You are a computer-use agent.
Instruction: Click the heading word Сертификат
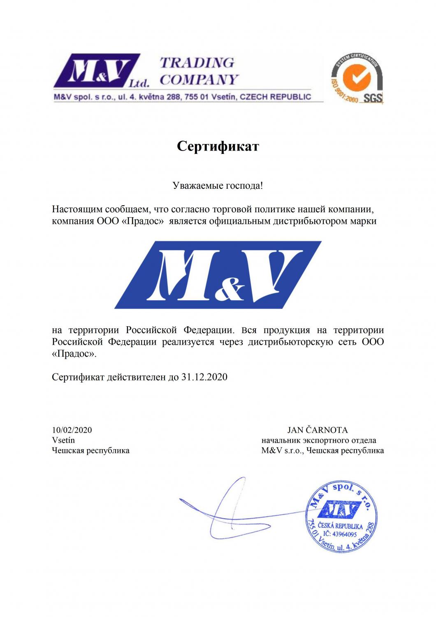pos(218,146)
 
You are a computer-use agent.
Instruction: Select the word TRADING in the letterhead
pos(197,63)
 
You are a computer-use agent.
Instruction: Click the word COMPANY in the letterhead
pos(199,79)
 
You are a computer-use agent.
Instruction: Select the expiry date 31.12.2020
pos(204,377)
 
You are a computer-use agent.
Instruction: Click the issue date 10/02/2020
pos(72,430)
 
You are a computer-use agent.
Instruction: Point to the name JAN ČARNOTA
pos(318,430)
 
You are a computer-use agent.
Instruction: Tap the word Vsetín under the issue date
pos(63,440)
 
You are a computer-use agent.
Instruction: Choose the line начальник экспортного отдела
pos(319,440)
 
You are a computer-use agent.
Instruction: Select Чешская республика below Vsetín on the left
pos(91,450)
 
